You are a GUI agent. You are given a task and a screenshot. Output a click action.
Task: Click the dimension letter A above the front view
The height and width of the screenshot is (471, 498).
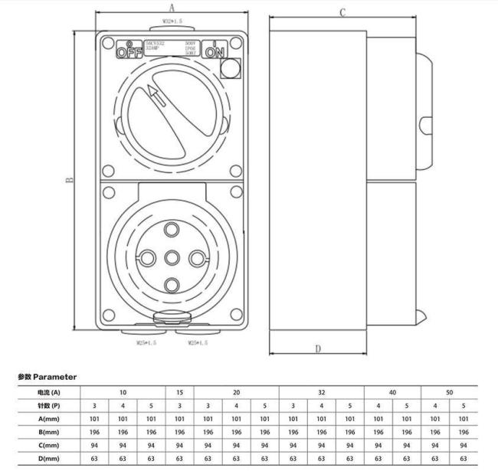click(172, 6)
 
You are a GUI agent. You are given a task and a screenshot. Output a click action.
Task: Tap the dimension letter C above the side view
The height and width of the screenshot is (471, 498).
click(342, 12)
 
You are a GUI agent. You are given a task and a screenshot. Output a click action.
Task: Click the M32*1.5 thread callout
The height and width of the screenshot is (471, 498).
click(171, 22)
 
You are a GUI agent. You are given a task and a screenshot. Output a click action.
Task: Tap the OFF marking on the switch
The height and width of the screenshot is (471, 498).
click(129, 51)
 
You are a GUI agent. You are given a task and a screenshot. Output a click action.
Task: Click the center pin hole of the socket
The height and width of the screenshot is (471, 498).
click(172, 258)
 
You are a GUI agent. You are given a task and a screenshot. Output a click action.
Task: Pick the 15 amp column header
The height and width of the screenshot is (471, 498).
click(179, 392)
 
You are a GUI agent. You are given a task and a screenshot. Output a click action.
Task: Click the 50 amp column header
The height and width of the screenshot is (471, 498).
click(449, 392)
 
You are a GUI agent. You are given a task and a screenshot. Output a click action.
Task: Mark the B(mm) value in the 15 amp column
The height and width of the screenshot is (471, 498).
click(179, 432)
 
